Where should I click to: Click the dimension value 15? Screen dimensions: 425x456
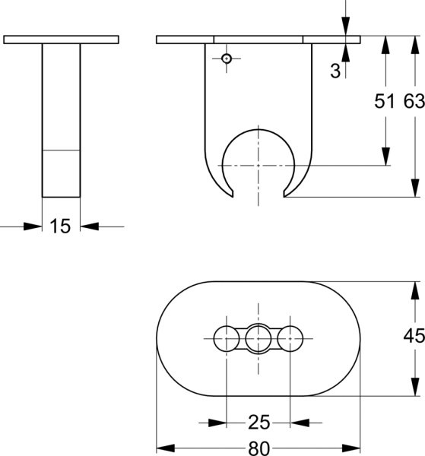coord(60,226)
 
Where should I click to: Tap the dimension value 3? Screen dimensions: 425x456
coord(335,71)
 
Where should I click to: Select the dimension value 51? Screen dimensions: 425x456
coord(385,101)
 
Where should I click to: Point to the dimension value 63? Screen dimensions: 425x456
coord(414,101)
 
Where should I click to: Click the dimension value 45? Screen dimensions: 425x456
coord(414,336)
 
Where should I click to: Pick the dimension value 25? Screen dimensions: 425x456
coord(259,423)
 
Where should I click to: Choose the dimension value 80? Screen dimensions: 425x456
coord(259,448)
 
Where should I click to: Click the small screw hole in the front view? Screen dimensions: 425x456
coord(227,59)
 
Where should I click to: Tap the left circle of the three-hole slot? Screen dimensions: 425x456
coord(227,338)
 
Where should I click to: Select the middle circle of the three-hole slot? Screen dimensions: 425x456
coord(258,338)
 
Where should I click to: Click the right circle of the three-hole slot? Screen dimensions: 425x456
coord(290,338)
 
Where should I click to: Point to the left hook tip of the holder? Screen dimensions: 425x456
coord(233,197)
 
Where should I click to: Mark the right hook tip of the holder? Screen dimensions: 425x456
coord(284,197)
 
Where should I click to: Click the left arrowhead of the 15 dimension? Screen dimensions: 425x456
coord(33,226)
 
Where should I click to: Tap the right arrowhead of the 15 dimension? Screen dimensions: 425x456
coord(90,226)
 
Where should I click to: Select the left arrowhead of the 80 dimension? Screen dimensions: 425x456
coord(166,448)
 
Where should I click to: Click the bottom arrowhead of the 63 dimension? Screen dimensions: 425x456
coord(415,188)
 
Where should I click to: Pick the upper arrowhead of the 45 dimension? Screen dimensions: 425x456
coord(415,290)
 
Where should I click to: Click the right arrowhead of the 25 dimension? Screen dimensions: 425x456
coord(300,423)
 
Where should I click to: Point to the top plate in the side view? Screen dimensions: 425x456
coord(61,40)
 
